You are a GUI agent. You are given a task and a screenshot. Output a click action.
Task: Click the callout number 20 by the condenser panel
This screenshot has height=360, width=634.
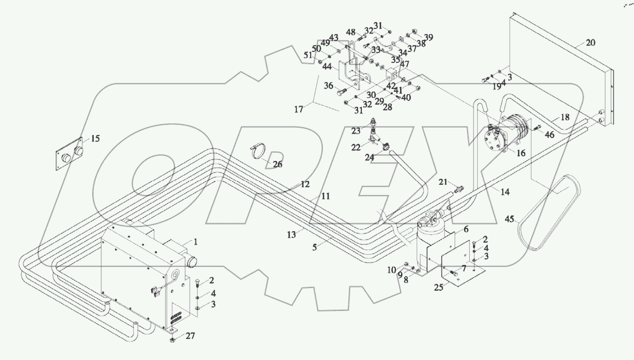[x=590, y=42]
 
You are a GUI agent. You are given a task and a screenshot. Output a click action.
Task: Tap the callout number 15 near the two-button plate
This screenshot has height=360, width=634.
[x=95, y=139]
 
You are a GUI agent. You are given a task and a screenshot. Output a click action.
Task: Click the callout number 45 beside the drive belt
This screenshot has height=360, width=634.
[x=509, y=219]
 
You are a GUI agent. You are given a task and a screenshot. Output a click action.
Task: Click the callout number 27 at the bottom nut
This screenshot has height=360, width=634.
[x=190, y=336]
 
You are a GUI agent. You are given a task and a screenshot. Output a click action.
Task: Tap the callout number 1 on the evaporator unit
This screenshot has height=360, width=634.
[x=196, y=242]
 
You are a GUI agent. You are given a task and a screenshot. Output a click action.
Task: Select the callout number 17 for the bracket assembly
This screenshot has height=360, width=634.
[x=299, y=109]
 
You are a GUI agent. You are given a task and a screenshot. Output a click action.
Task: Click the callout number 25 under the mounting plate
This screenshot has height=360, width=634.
[x=438, y=287]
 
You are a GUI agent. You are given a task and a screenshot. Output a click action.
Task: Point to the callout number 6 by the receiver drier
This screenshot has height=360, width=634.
[x=466, y=230]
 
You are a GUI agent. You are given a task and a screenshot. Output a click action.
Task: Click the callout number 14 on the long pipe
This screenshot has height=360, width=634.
[x=505, y=192]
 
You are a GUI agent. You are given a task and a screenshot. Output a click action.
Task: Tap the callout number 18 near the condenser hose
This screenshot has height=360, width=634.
[x=564, y=117]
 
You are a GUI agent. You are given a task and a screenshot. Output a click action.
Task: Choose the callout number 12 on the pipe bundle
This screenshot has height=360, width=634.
[x=305, y=184]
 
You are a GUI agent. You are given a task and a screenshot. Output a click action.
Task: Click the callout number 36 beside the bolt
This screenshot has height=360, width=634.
[x=329, y=86]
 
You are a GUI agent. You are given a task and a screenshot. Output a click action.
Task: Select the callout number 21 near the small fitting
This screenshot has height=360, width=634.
[x=443, y=182]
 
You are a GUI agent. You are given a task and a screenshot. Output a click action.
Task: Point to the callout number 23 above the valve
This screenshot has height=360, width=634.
[x=356, y=131]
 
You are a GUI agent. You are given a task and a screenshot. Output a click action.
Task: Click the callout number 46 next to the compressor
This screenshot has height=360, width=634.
[x=549, y=134]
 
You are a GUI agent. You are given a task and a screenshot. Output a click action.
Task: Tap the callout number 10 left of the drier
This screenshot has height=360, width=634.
[x=391, y=270]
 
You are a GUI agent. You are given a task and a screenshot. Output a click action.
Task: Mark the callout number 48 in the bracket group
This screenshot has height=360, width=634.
[x=351, y=32]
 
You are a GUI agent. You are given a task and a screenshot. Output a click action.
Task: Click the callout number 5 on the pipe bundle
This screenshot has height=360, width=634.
[x=315, y=247]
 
